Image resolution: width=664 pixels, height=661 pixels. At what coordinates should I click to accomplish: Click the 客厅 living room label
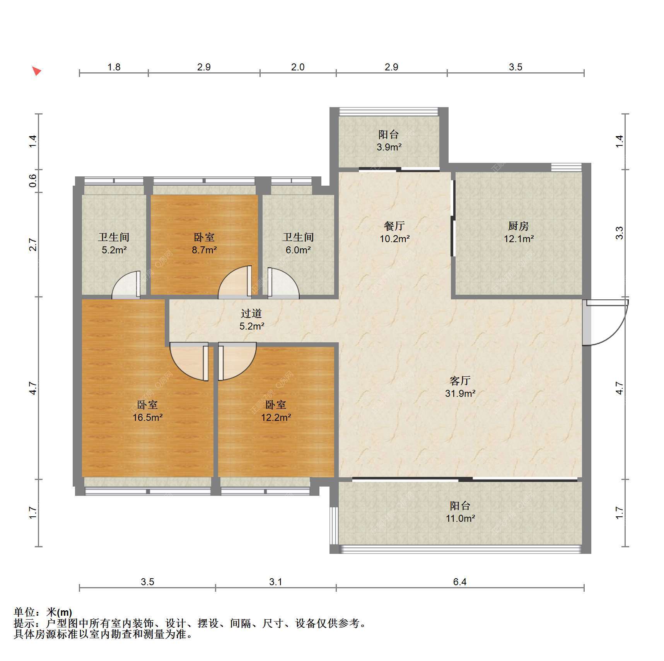pos(460,381)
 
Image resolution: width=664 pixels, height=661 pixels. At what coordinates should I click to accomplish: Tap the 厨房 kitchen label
pos(518,226)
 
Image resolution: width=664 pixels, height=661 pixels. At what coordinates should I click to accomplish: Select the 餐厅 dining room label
pos(394,226)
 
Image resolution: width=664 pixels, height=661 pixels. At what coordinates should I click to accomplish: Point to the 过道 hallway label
pos(251,313)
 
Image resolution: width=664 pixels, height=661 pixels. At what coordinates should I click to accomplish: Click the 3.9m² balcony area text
pos(389,147)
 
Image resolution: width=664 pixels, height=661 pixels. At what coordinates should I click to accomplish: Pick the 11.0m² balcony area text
pos(460,518)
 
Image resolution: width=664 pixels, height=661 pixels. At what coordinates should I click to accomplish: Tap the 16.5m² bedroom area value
pos(147,417)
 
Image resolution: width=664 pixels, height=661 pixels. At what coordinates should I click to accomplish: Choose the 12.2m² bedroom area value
pos(276,417)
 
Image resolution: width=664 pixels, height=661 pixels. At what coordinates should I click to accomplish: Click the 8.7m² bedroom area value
pos(204,250)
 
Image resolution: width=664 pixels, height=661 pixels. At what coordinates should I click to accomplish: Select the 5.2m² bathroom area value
pos(114,250)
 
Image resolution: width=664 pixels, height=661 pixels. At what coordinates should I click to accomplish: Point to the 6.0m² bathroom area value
pos(298,250)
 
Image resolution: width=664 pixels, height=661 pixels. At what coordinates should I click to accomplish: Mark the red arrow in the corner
pos(36,71)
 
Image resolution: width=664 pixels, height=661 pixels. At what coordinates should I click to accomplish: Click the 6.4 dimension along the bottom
pos(460,582)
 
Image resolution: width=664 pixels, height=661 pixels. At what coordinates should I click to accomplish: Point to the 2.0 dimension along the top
pos(298,67)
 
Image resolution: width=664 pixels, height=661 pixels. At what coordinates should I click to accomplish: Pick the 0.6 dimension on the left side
pos(33,181)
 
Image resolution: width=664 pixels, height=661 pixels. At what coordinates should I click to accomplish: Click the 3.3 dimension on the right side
pos(620,233)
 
